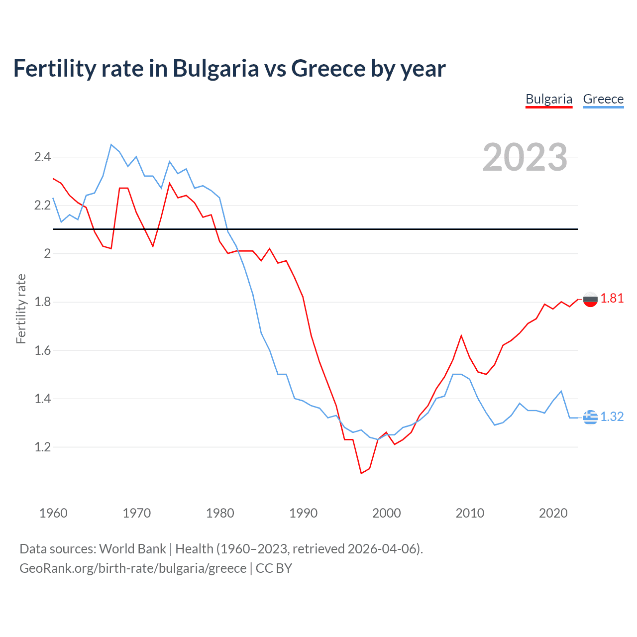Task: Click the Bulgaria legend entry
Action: tap(549, 99)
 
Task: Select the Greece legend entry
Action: tap(603, 99)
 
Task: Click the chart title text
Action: tap(229, 68)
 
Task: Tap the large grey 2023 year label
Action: tap(525, 157)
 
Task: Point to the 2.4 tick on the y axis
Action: tap(42, 157)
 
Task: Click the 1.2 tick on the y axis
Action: tap(42, 447)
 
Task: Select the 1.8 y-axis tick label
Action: tap(42, 302)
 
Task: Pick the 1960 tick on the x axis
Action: tap(53, 513)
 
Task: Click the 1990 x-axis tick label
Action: tap(303, 513)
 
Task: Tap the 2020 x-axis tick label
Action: tap(553, 513)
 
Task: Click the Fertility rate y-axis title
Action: tap(21, 309)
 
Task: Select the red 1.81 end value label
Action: tap(612, 298)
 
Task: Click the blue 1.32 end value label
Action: tap(612, 417)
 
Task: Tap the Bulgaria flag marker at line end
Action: tap(590, 300)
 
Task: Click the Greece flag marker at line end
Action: tap(590, 418)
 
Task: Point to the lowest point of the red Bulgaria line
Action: tap(361, 473)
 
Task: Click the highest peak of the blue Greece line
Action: tap(111, 144)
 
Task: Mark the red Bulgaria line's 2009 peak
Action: tap(461, 335)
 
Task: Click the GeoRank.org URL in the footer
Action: tap(133, 568)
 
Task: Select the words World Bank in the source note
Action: tap(132, 549)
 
